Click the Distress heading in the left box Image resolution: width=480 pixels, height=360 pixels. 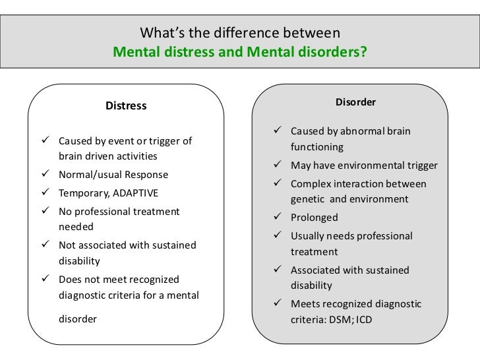(126, 105)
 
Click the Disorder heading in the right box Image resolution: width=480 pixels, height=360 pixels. (356, 102)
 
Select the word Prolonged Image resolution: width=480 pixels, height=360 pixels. (314, 218)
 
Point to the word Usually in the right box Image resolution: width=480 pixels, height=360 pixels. (309, 236)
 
